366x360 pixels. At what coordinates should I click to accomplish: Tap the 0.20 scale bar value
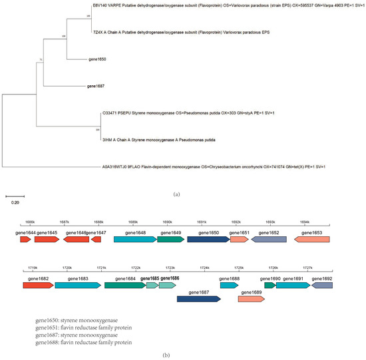[x=14, y=204]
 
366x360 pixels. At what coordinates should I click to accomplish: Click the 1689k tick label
[x=133, y=222]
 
